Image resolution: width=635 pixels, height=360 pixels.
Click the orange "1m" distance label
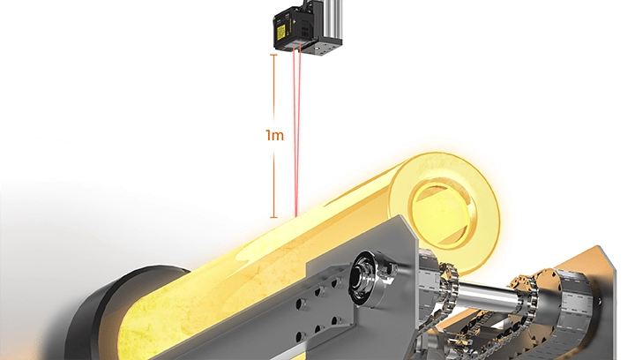click(274, 135)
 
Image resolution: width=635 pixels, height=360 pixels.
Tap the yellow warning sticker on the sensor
click(281, 32)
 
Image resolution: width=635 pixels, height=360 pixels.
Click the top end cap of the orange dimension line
click(274, 55)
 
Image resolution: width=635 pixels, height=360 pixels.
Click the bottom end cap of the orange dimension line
click(274, 217)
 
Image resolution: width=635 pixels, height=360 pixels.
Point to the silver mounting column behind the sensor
click(332, 20)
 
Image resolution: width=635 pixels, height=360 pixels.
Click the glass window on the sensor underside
click(298, 44)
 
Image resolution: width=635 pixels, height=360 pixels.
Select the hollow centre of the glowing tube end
click(442, 213)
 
